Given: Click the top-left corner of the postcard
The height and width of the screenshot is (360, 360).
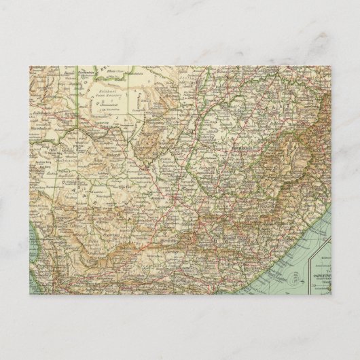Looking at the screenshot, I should [x=30, y=67].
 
